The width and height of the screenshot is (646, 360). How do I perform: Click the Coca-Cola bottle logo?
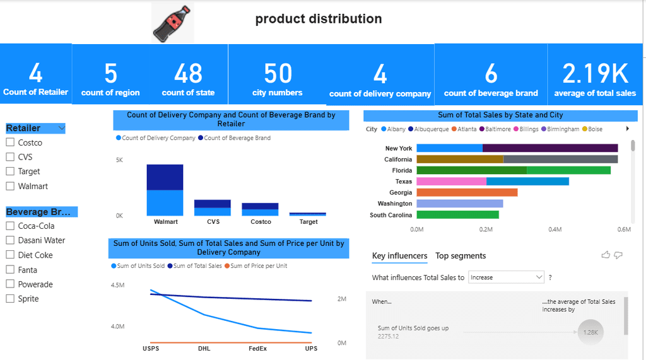(x=172, y=23)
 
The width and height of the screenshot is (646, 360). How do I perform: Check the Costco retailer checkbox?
(x=10, y=142)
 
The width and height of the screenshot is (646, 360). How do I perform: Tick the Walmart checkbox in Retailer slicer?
(x=10, y=186)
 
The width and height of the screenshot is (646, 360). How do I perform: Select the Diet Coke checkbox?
(x=10, y=255)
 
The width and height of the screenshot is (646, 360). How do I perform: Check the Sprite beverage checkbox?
(x=10, y=298)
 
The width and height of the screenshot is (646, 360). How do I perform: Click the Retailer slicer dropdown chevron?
(x=61, y=129)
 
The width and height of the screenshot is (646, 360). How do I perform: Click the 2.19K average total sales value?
(x=595, y=74)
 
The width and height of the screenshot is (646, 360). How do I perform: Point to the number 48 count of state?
(x=188, y=74)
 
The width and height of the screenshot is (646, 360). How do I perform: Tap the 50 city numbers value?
(x=278, y=74)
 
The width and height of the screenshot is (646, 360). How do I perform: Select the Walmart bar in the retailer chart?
(x=165, y=190)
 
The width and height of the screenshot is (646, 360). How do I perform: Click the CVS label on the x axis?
(x=213, y=222)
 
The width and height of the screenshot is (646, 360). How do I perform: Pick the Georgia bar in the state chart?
(x=467, y=192)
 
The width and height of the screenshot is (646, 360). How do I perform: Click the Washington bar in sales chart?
(x=459, y=204)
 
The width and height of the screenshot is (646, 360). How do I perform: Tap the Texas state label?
(x=404, y=182)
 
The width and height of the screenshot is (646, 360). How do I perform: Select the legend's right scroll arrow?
(x=627, y=129)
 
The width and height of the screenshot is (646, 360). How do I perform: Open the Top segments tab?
(x=461, y=256)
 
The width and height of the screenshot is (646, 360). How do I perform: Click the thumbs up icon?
(x=606, y=255)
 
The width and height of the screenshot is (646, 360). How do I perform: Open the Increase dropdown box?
(x=506, y=277)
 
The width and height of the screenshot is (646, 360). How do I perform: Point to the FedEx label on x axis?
(x=257, y=349)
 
